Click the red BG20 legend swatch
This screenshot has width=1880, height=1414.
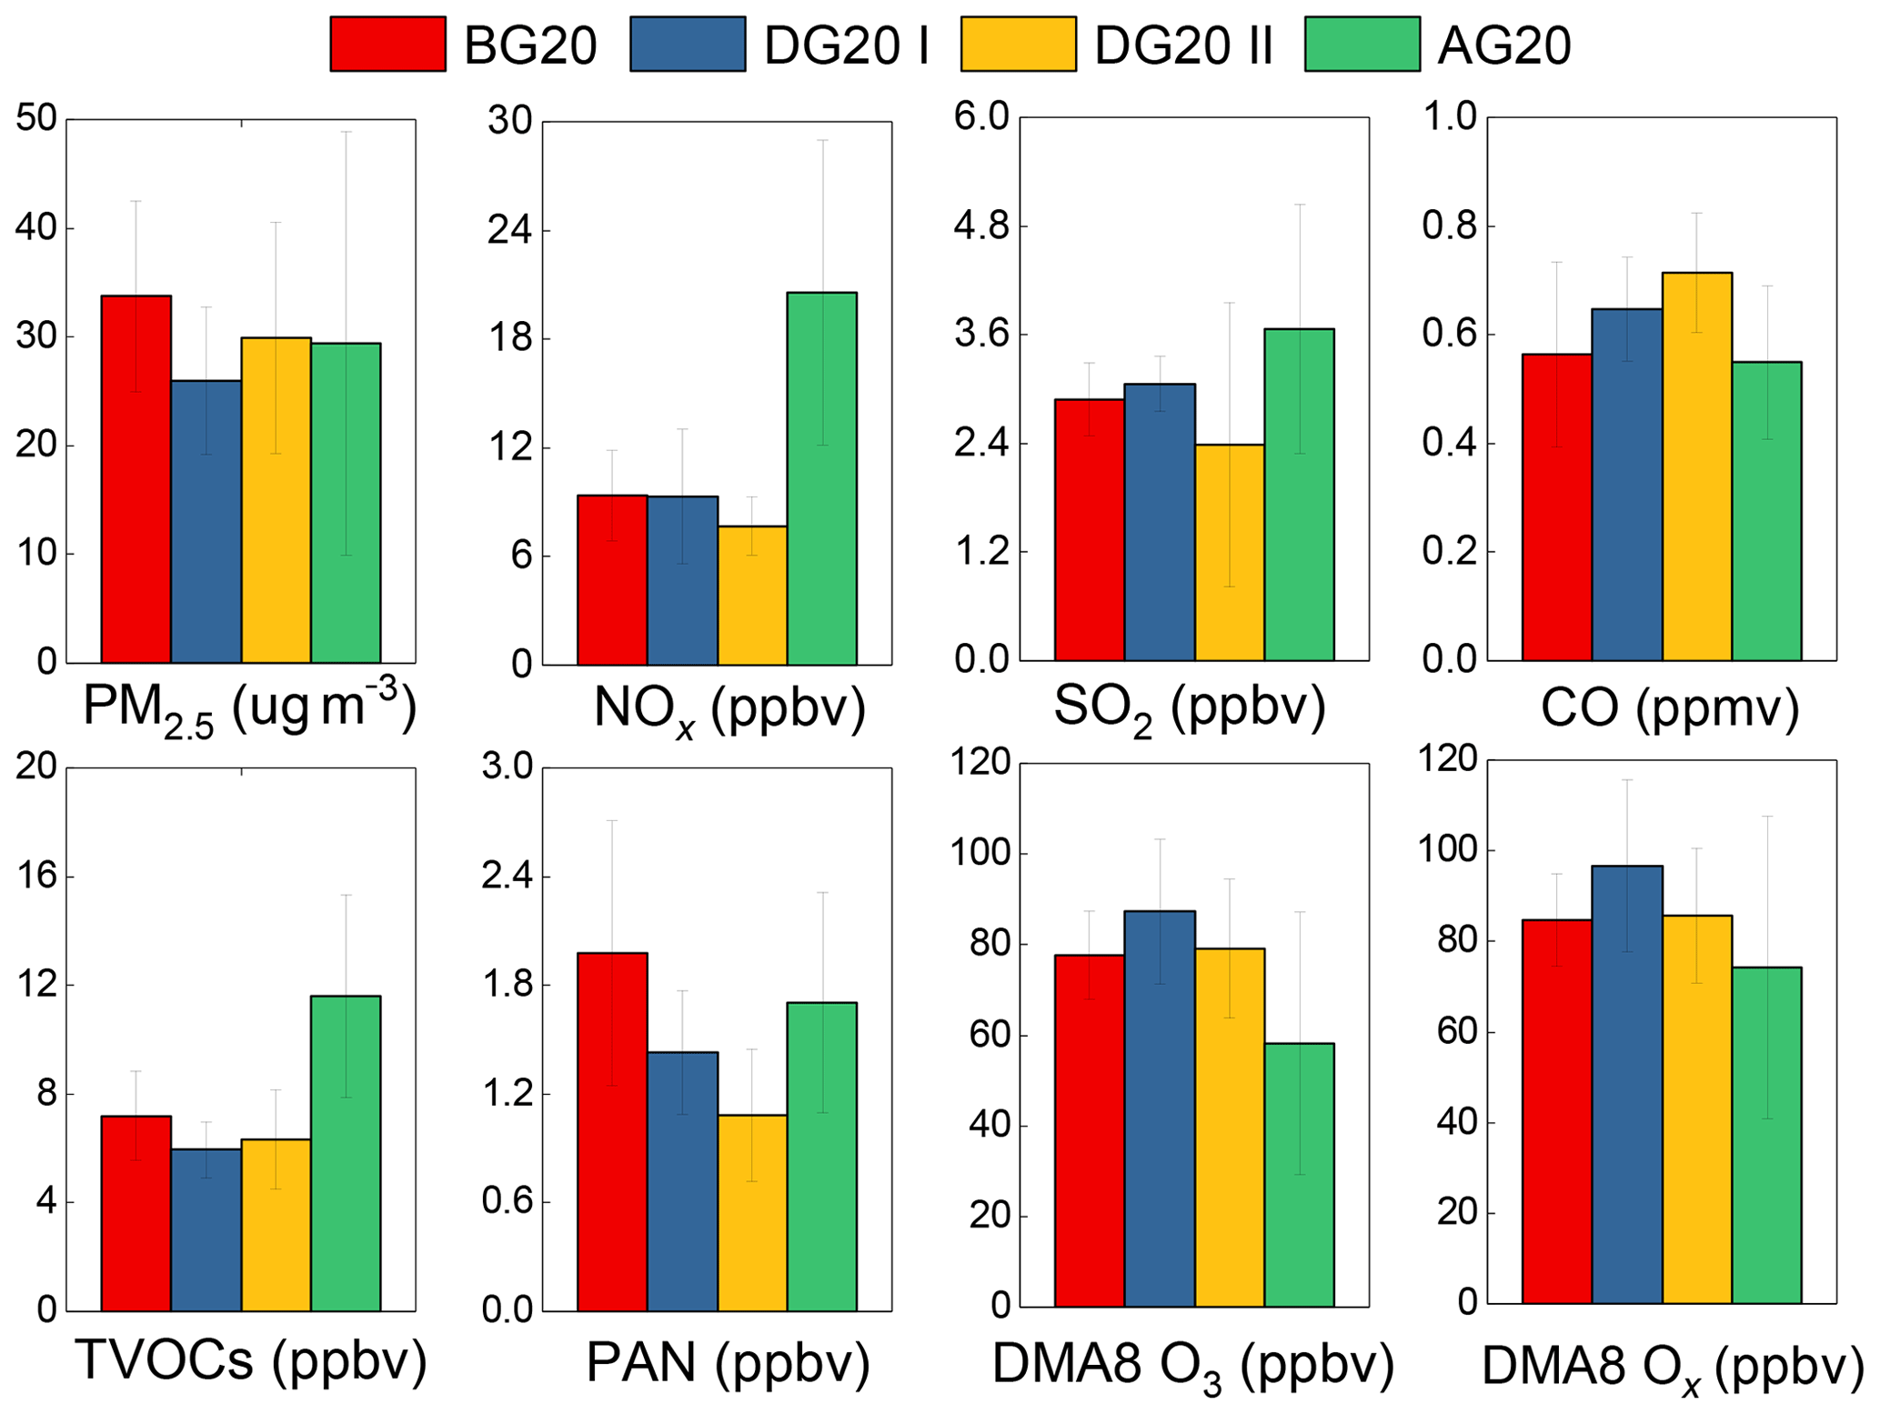387,44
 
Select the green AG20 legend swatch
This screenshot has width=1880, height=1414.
1362,44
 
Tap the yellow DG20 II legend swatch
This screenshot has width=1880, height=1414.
1018,44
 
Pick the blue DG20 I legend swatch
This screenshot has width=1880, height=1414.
688,44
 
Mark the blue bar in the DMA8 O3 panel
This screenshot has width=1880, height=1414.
1160,1108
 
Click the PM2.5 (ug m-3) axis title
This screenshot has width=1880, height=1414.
249,707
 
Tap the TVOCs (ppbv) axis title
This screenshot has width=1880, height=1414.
250,1360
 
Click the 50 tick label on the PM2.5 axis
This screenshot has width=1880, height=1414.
36,119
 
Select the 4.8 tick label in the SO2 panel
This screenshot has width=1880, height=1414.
981,226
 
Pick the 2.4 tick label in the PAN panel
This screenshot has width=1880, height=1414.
510,877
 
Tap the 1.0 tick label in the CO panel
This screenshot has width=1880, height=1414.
1449,117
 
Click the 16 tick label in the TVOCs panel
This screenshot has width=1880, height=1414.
36,877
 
